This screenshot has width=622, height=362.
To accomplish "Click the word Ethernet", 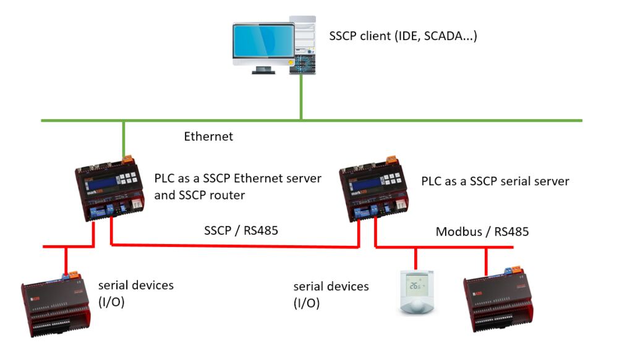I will pos(208,137).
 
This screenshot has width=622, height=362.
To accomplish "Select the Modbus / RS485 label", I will pos(482,232).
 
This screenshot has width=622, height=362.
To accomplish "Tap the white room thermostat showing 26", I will pos(418,293).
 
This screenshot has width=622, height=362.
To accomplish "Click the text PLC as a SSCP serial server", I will pos(495,182).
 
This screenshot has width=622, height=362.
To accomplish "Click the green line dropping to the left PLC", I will pos(124,139).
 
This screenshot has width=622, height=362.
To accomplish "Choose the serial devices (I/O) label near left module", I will pos(136,293).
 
